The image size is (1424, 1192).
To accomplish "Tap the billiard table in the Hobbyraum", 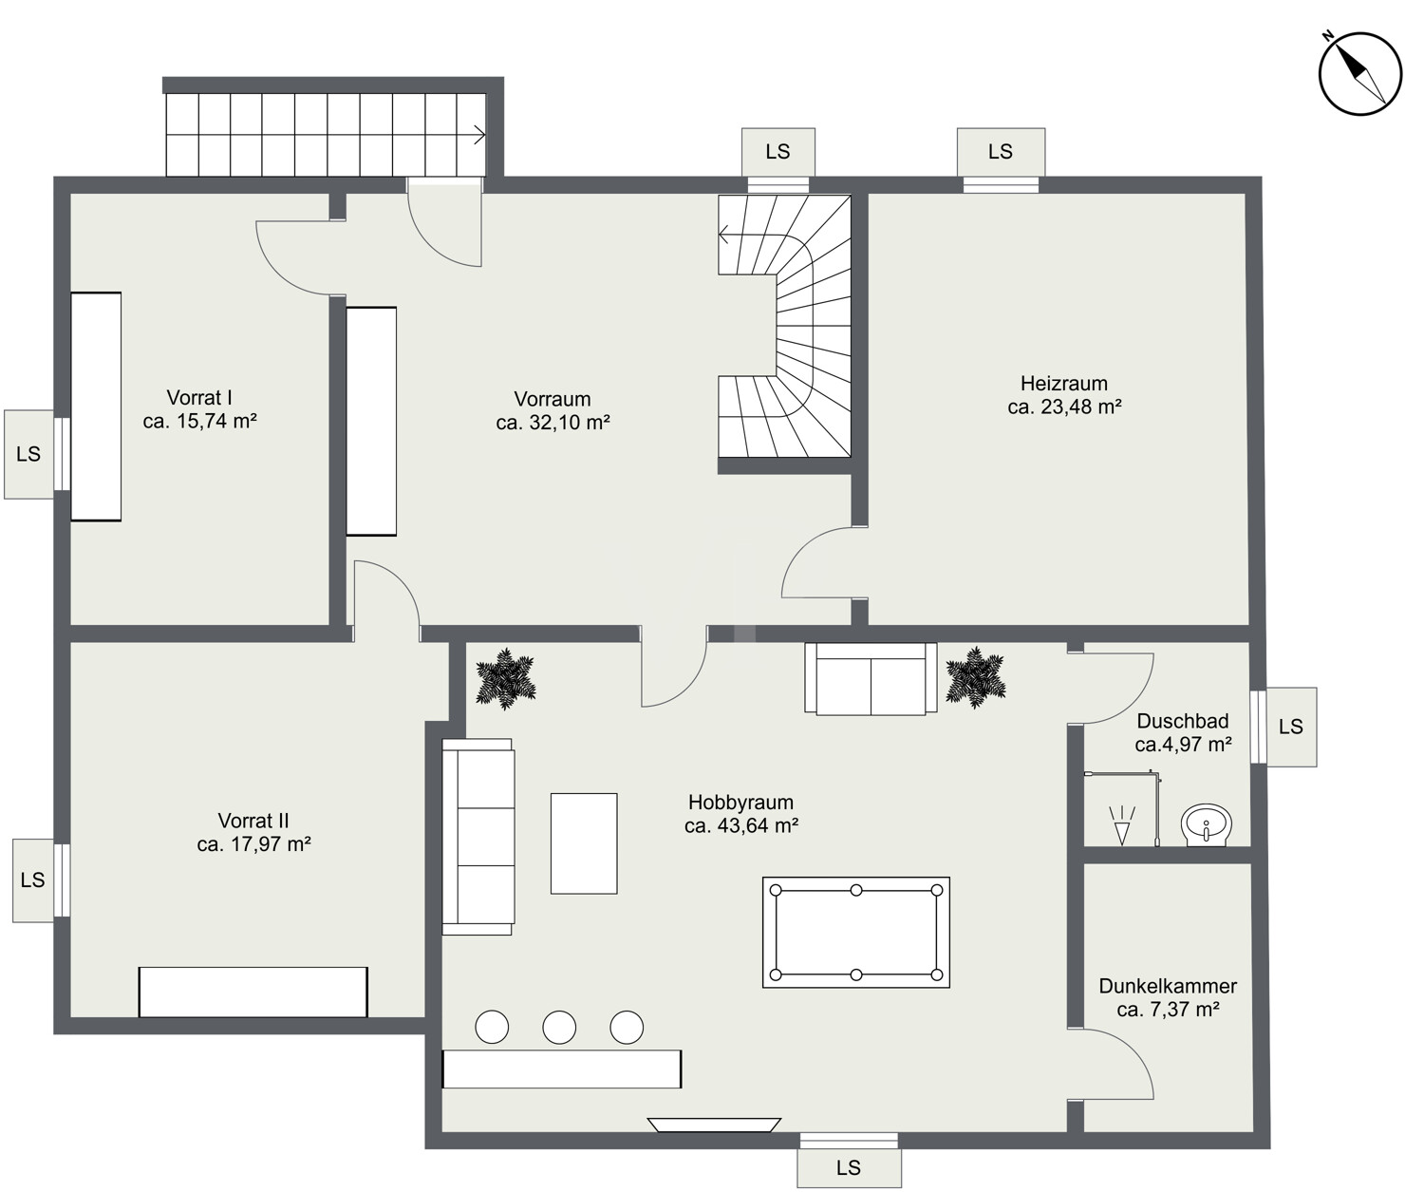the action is coord(856,932).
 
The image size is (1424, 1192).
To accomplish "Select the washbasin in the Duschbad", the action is coord(1206,824).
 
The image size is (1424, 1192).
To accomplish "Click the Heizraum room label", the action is coord(1064,383).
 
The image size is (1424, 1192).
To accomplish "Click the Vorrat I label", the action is coord(199,397).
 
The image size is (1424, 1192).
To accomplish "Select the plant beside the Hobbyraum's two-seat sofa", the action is coord(975,677).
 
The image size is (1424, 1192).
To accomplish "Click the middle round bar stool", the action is coord(559,1027).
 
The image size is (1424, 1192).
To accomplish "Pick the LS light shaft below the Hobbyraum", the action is coord(849,1167).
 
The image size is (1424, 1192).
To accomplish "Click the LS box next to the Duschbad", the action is coord(1291,727).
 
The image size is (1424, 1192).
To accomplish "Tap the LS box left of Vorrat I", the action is coord(28,454).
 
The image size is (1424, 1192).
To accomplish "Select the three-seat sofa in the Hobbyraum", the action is coord(478,837).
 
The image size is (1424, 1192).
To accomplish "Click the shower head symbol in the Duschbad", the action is coord(1122,825).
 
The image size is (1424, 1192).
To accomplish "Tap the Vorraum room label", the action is coord(553,399).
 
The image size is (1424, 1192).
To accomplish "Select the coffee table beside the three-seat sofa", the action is coord(584,843).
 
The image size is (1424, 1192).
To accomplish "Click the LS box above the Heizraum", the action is coord(1001,151).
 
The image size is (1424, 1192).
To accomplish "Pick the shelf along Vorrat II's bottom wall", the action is coord(253,993).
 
